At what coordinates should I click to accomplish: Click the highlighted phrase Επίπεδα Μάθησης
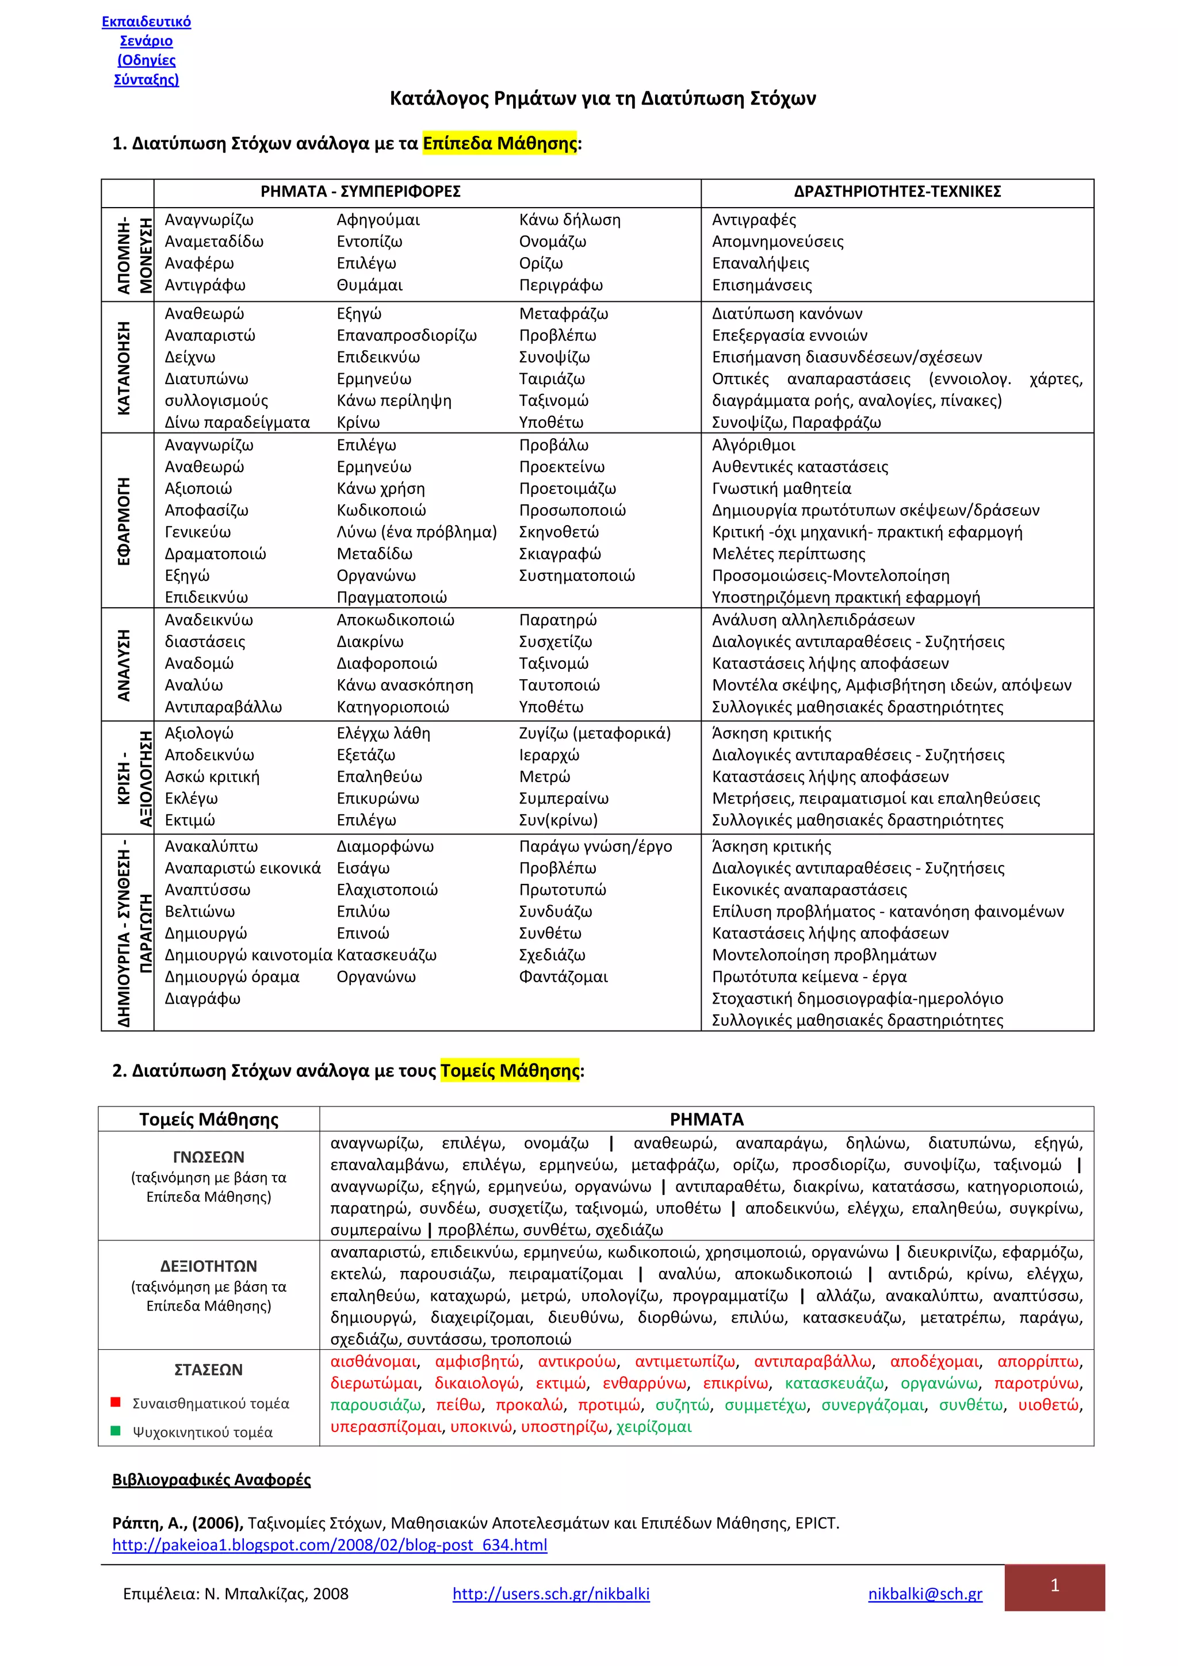(499, 143)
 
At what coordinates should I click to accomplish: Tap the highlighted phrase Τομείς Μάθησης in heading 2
(510, 1070)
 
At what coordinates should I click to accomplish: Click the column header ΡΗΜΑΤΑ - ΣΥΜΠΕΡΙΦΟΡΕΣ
(360, 192)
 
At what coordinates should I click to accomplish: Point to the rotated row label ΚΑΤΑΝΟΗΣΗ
(125, 368)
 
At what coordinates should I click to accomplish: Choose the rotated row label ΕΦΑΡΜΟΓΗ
(125, 521)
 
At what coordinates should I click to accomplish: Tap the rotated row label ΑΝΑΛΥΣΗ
(125, 665)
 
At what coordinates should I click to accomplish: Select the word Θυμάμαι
(369, 285)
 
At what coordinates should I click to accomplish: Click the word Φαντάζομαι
(563, 976)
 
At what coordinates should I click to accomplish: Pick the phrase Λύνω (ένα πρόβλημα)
(416, 532)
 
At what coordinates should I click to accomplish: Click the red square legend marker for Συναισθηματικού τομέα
(114, 1402)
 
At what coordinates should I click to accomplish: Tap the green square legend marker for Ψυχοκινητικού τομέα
(114, 1431)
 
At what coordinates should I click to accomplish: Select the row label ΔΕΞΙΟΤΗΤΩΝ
(208, 1266)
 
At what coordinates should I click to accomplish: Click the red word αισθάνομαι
(373, 1361)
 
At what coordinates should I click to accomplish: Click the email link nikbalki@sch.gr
(925, 1594)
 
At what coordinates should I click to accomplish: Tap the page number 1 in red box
(1054, 1585)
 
